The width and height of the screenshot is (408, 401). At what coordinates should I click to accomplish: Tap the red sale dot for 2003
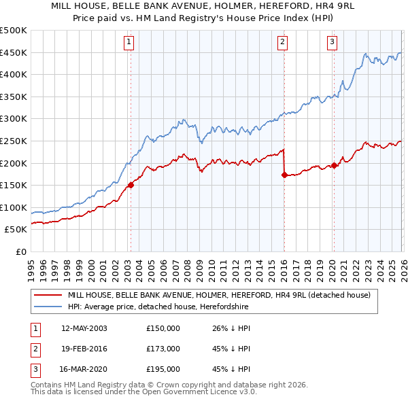pyautogui.click(x=131, y=185)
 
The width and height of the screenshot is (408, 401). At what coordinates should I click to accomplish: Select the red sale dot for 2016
pyautogui.click(x=284, y=175)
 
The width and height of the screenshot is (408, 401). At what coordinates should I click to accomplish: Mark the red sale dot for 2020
pyautogui.click(x=334, y=165)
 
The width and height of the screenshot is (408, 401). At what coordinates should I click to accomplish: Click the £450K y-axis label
pyautogui.click(x=14, y=52)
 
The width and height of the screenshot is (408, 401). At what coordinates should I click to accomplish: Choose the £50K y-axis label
pyautogui.click(x=16, y=229)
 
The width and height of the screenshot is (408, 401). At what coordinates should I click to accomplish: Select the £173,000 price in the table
pyautogui.click(x=163, y=349)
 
